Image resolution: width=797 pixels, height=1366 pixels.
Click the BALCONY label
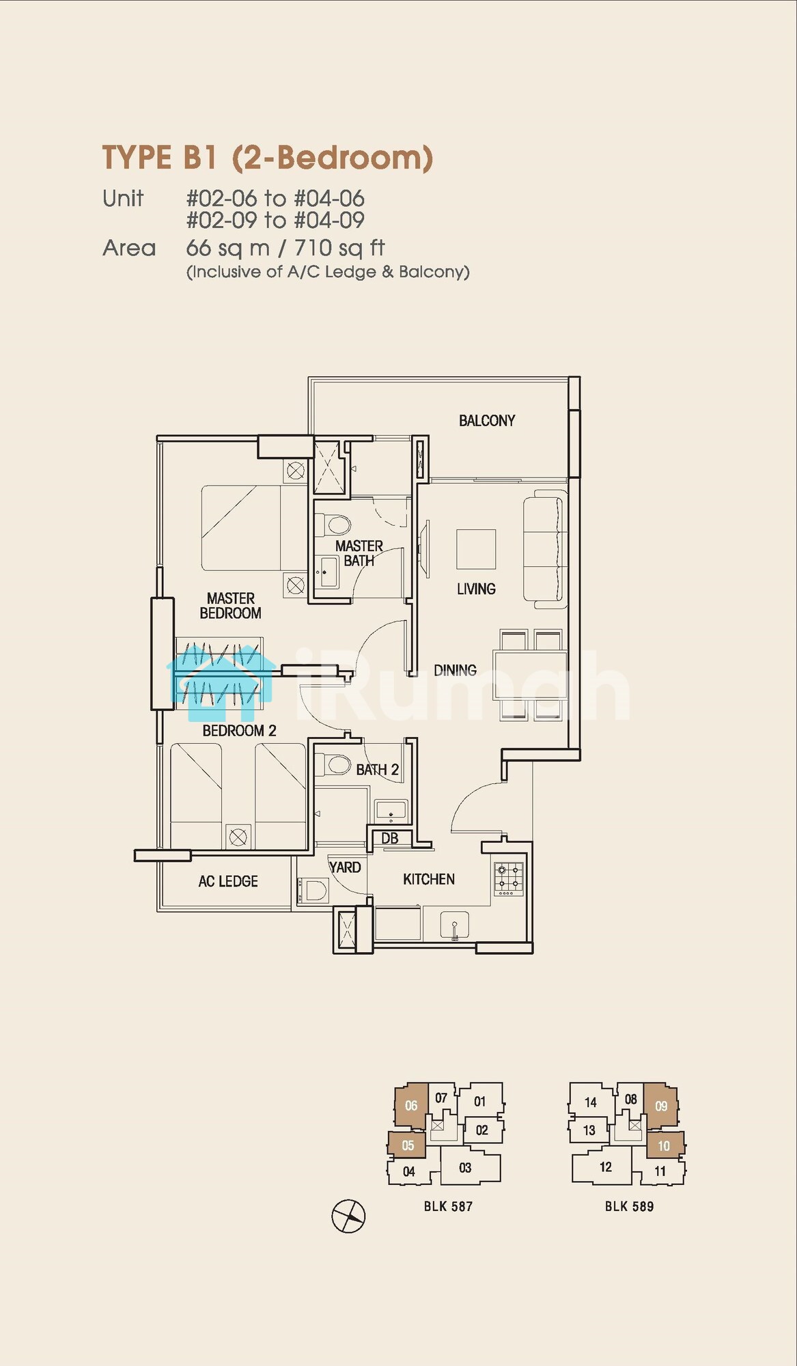(x=486, y=421)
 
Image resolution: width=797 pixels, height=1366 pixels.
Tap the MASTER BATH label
(x=359, y=553)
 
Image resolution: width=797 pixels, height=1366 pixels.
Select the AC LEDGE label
(x=228, y=882)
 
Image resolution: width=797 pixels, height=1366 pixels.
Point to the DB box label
(x=389, y=838)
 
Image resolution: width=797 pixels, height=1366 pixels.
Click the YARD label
(x=345, y=867)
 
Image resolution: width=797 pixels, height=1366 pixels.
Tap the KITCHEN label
(x=429, y=879)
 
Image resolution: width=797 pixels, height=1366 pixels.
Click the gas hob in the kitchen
(x=509, y=879)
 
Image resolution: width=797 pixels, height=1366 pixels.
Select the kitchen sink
(x=454, y=926)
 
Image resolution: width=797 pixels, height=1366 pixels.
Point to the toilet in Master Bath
(x=334, y=525)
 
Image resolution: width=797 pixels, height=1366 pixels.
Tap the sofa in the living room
(x=545, y=550)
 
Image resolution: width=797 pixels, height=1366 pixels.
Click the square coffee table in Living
(x=476, y=549)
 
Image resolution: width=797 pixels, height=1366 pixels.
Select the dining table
(x=531, y=673)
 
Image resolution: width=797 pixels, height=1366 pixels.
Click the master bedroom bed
(x=253, y=528)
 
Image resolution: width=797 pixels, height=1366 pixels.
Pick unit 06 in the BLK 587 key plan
(x=411, y=1105)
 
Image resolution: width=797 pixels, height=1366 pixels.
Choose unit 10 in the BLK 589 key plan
(x=665, y=1145)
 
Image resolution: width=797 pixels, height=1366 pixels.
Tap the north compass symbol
(x=349, y=1216)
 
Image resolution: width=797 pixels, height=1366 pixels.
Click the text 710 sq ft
(x=339, y=248)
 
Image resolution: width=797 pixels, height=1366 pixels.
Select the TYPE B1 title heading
(x=268, y=158)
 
